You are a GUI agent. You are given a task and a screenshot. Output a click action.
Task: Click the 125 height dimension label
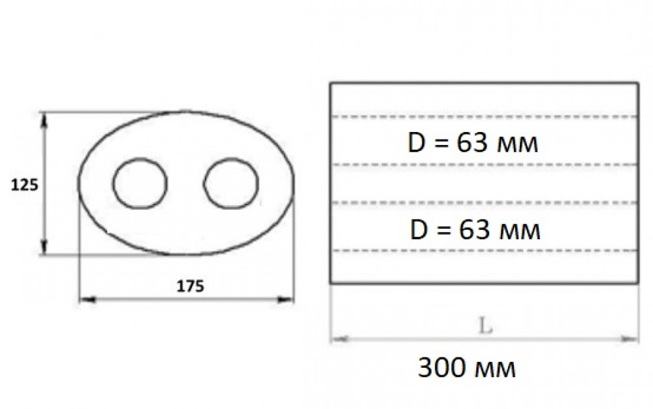(x=25, y=184)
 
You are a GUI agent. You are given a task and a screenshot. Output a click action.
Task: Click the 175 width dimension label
(x=190, y=286)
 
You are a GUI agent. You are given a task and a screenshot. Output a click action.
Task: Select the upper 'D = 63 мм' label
(x=473, y=143)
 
